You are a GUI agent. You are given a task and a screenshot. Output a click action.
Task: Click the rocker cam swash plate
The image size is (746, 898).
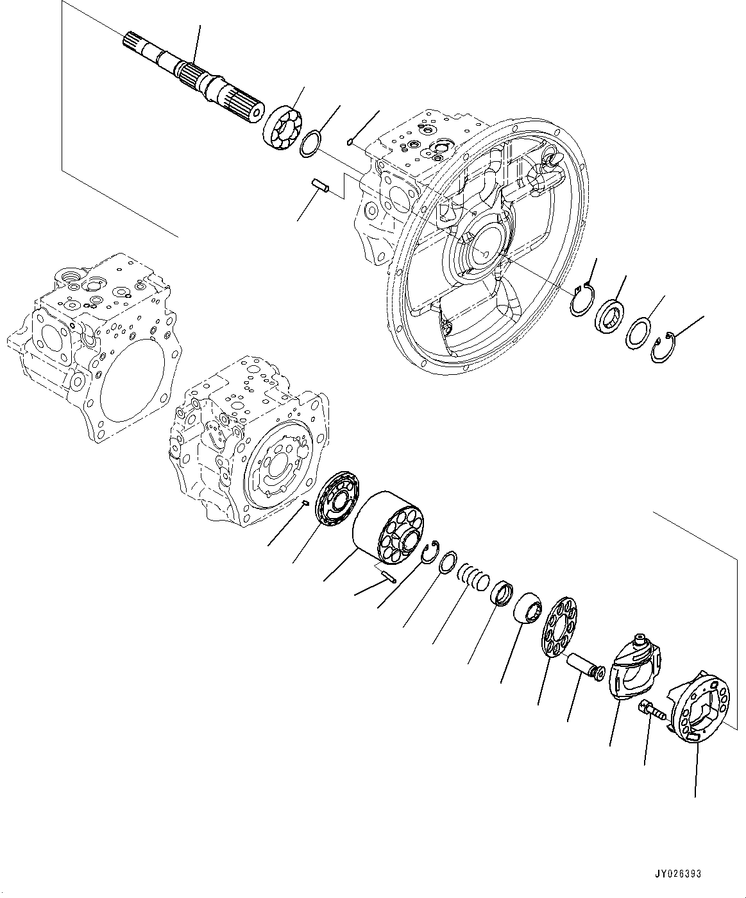(x=636, y=670)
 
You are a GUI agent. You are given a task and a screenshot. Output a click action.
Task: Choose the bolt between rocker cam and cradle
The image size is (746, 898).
(x=652, y=711)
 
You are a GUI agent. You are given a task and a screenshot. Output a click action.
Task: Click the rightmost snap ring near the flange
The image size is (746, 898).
(x=661, y=347)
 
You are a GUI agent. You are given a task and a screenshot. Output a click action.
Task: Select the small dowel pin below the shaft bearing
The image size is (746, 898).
(x=321, y=186)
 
